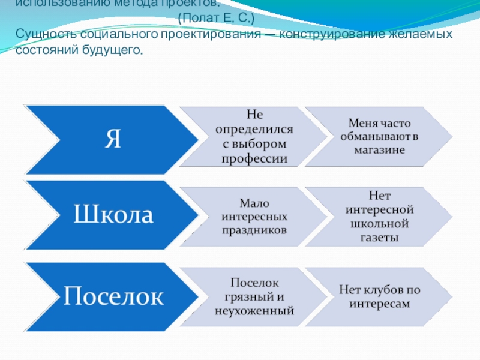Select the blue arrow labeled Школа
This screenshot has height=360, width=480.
[112, 215]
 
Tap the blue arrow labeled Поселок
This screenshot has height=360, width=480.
[112, 296]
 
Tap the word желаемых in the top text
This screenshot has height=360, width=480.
[420, 34]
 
